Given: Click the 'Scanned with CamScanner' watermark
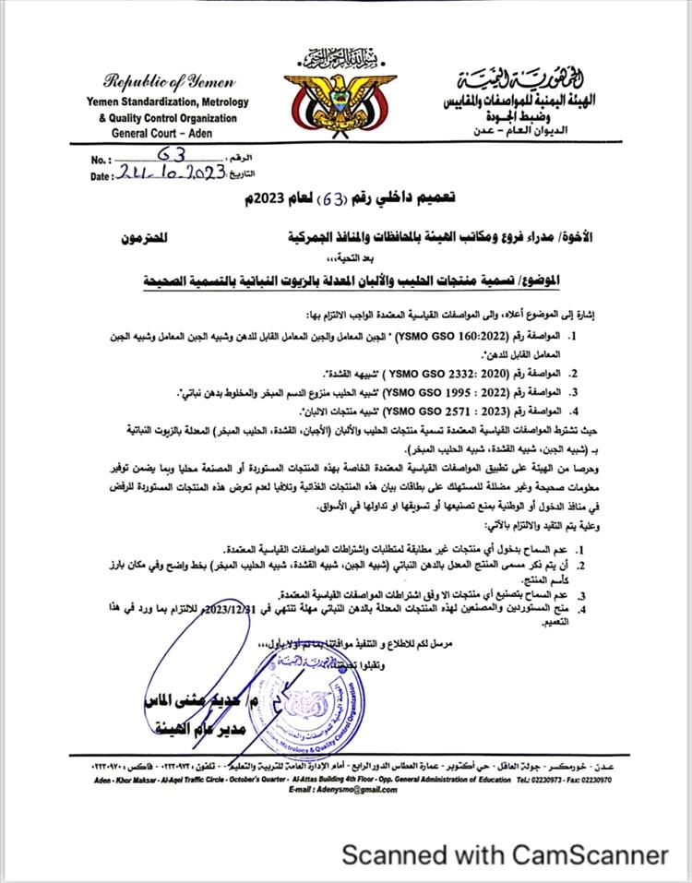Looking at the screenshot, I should pos(505,855).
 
